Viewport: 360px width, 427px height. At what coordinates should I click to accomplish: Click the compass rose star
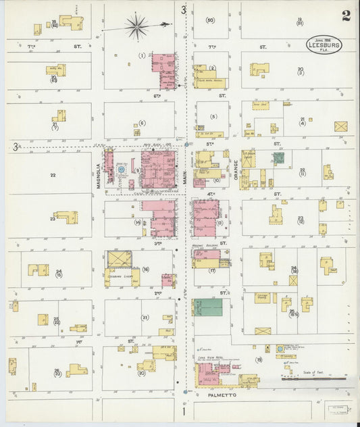pos(137,27)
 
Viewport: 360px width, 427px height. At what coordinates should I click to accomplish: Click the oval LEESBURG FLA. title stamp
pos(324,45)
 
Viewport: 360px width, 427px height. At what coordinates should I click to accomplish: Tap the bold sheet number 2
pos(346,16)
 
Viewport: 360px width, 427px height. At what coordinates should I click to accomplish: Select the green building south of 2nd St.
pos(207,307)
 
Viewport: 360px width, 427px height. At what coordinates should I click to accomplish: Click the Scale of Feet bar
pos(307,379)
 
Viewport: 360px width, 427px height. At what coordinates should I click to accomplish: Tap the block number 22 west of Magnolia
pos(52,175)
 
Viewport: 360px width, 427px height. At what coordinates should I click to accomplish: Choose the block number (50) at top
pos(210,20)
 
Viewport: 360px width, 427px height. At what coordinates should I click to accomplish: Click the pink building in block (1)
pos(164,72)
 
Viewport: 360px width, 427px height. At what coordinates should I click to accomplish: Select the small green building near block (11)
pos(278,159)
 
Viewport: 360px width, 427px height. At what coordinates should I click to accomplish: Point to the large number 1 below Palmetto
pos(182,411)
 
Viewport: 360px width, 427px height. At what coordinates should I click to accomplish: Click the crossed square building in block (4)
pos(340,126)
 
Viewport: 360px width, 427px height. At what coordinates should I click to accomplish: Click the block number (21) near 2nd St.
pos(145,317)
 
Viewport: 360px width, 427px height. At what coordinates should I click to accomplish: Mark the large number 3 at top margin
pos(183,9)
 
